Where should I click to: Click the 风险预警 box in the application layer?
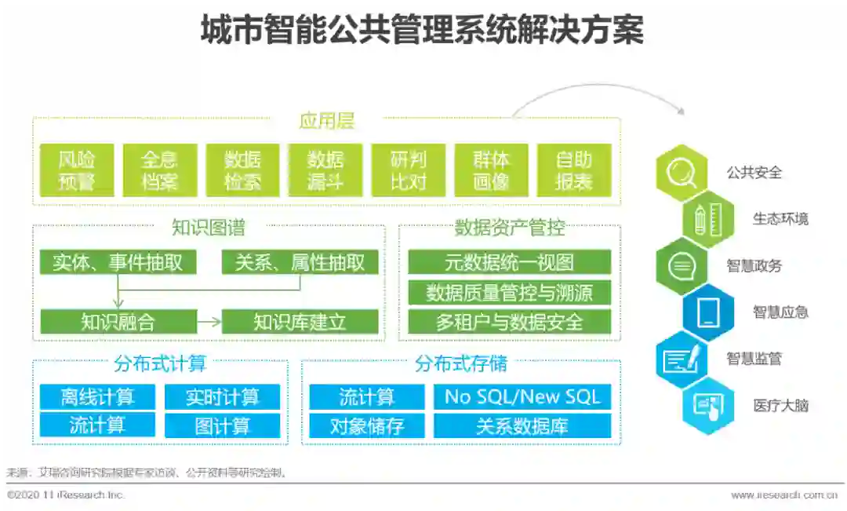tap(76, 170)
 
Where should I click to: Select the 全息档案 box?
tap(160, 170)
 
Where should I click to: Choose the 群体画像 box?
tap(492, 170)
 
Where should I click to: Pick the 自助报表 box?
tap(574, 170)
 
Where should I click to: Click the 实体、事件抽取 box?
tap(118, 262)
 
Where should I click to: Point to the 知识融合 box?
tap(118, 321)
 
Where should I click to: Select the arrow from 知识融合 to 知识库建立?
tap(209, 321)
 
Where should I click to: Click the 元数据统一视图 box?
tap(510, 262)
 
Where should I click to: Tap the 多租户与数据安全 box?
tap(510, 321)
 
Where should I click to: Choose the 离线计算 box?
tap(97, 396)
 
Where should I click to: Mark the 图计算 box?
tap(222, 425)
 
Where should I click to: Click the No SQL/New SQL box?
tap(522, 396)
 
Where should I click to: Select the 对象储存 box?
tap(367, 425)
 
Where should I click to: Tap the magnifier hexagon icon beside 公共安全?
tap(680, 173)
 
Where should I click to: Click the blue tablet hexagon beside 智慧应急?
tap(708, 312)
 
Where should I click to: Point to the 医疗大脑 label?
tap(780, 406)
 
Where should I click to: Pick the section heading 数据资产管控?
tap(510, 228)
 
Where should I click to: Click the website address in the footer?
tap(784, 495)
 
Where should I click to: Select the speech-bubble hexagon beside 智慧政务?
tap(680, 265)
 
